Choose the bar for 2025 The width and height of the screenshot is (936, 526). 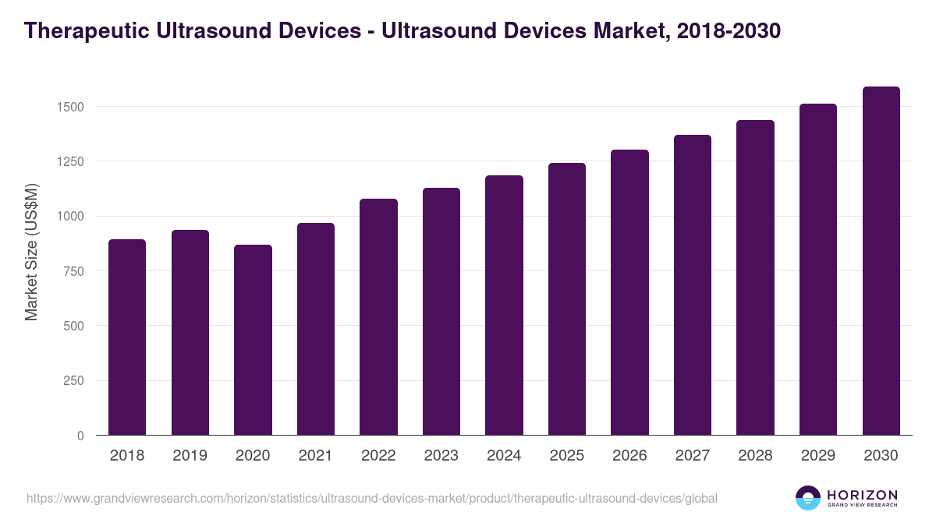click(567, 299)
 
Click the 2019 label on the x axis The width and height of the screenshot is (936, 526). click(190, 456)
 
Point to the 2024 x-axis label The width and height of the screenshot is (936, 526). click(504, 456)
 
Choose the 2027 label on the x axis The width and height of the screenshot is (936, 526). click(693, 456)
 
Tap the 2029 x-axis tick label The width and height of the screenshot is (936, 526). click(818, 456)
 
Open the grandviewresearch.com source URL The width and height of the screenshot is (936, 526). click(371, 498)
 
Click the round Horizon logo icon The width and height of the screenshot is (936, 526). click(808, 498)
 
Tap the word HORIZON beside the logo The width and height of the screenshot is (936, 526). click(862, 494)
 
